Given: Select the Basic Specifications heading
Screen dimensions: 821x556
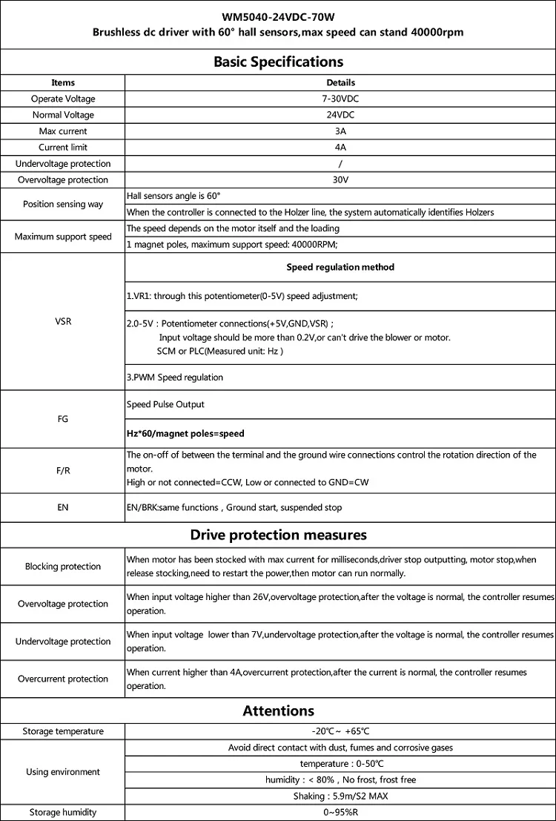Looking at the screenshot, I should point(278,62).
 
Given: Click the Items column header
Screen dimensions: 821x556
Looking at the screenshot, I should point(63,82).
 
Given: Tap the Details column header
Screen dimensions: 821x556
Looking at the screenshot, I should point(340,82).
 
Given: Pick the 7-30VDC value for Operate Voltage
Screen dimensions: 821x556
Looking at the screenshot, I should point(340,99).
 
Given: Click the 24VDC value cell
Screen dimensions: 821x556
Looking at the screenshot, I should point(340,115).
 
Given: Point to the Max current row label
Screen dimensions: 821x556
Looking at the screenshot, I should point(63,131).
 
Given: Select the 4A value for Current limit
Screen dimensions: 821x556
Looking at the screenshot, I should point(340,148).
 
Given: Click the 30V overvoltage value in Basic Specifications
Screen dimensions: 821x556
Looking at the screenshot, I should point(340,180).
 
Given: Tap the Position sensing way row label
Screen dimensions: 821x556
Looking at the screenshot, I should point(63,204).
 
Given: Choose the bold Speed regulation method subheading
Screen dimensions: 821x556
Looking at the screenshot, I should point(340,267).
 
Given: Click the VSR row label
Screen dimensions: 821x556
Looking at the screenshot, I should point(63,323).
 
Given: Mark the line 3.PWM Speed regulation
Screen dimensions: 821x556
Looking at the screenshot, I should point(175,377).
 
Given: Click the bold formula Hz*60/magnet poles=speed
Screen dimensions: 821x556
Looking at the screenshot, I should point(185,433).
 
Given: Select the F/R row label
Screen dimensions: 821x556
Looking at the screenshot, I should point(63,469).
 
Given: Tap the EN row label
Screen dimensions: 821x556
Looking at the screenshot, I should point(63,508).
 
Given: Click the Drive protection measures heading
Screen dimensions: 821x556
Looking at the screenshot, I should point(278,535).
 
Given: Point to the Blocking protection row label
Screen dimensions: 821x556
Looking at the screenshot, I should point(63,567).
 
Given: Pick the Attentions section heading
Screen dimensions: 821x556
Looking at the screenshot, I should point(278,711).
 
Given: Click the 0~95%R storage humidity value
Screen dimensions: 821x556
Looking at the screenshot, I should point(340,812).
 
